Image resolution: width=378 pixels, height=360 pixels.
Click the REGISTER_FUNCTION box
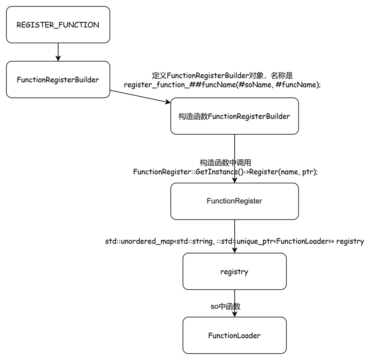pyautogui.click(x=58, y=24)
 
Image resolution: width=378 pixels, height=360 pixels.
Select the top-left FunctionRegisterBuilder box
pyautogui.click(x=58, y=79)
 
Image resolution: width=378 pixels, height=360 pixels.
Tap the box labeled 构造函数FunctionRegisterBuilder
pyautogui.click(x=235, y=116)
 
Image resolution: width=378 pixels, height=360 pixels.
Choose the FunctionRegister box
pyautogui.click(x=235, y=201)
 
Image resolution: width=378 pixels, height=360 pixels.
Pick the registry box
pyautogui.click(x=235, y=272)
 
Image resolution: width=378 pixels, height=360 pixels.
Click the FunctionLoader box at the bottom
pyautogui.click(x=235, y=336)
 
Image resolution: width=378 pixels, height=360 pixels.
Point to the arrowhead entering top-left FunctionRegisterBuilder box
pyautogui.click(x=58, y=58)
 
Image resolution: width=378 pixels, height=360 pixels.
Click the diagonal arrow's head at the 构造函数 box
pyautogui.click(x=168, y=102)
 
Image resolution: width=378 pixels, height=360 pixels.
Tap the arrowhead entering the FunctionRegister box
pyautogui.click(x=235, y=180)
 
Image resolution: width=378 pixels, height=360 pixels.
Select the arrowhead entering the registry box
pyautogui.click(x=235, y=250)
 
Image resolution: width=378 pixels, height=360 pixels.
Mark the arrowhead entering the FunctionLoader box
pyautogui.click(x=235, y=314)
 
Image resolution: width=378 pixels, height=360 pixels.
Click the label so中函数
pyautogui.click(x=225, y=307)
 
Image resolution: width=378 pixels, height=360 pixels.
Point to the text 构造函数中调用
pyautogui.click(x=225, y=163)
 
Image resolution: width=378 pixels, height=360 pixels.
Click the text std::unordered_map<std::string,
pyautogui.click(x=160, y=241)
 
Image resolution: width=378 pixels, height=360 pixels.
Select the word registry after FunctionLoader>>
pyautogui.click(x=350, y=241)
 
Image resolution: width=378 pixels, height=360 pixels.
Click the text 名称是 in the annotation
pyautogui.click(x=282, y=76)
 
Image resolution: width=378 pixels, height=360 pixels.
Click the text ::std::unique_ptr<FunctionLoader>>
pyautogui.click(x=275, y=241)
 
